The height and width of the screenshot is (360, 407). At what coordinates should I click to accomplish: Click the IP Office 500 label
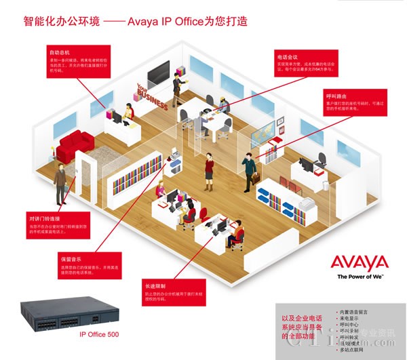[99, 334]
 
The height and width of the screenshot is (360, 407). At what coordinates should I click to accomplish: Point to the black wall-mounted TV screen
[158, 70]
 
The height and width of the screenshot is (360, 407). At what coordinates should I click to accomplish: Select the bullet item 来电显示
[348, 318]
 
